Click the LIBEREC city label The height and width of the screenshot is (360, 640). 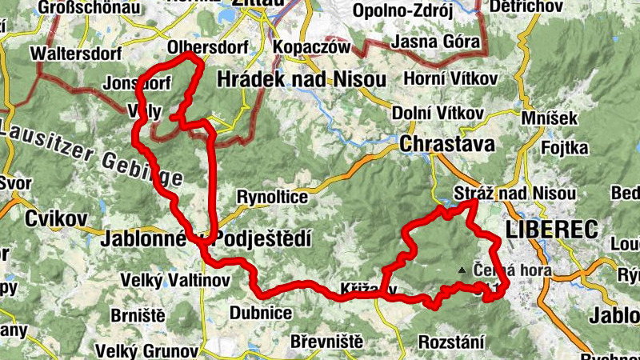(552, 230)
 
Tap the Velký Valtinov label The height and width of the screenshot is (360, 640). (174, 280)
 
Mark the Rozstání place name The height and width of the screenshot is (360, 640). (451, 342)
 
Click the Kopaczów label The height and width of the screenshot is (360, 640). (312, 47)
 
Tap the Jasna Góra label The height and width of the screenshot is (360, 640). (437, 42)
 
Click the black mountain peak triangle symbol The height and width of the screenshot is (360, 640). (461, 270)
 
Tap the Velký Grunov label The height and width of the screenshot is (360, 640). (146, 350)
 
